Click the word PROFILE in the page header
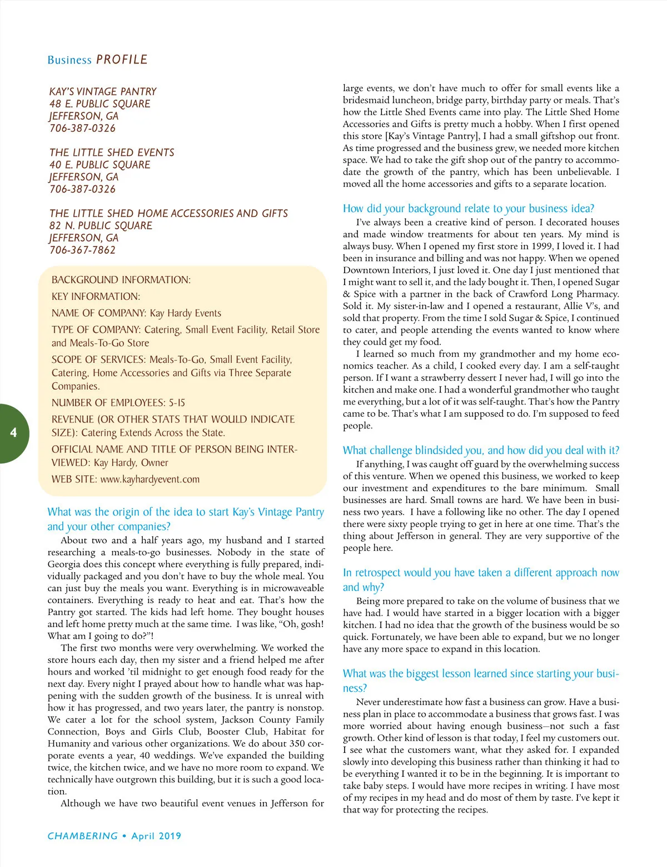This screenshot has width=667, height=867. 122,60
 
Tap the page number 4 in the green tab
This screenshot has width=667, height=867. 13,432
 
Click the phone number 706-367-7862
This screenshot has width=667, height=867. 82,250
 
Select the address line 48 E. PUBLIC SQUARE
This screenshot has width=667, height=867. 99,104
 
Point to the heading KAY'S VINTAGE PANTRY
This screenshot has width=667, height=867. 103,91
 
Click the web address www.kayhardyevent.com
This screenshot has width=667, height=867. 150,479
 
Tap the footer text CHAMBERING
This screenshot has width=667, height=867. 83,836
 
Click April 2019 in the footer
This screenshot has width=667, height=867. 156,836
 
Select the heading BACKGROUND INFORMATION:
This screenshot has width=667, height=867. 121,280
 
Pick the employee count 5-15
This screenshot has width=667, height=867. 177,403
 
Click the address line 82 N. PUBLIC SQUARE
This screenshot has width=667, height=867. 101,225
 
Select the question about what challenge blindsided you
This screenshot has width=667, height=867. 481,450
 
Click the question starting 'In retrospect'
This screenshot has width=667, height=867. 481,579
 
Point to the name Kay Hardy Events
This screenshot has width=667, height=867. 185,313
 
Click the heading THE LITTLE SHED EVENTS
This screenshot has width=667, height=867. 112,152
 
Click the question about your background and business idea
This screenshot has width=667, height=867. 469,209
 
